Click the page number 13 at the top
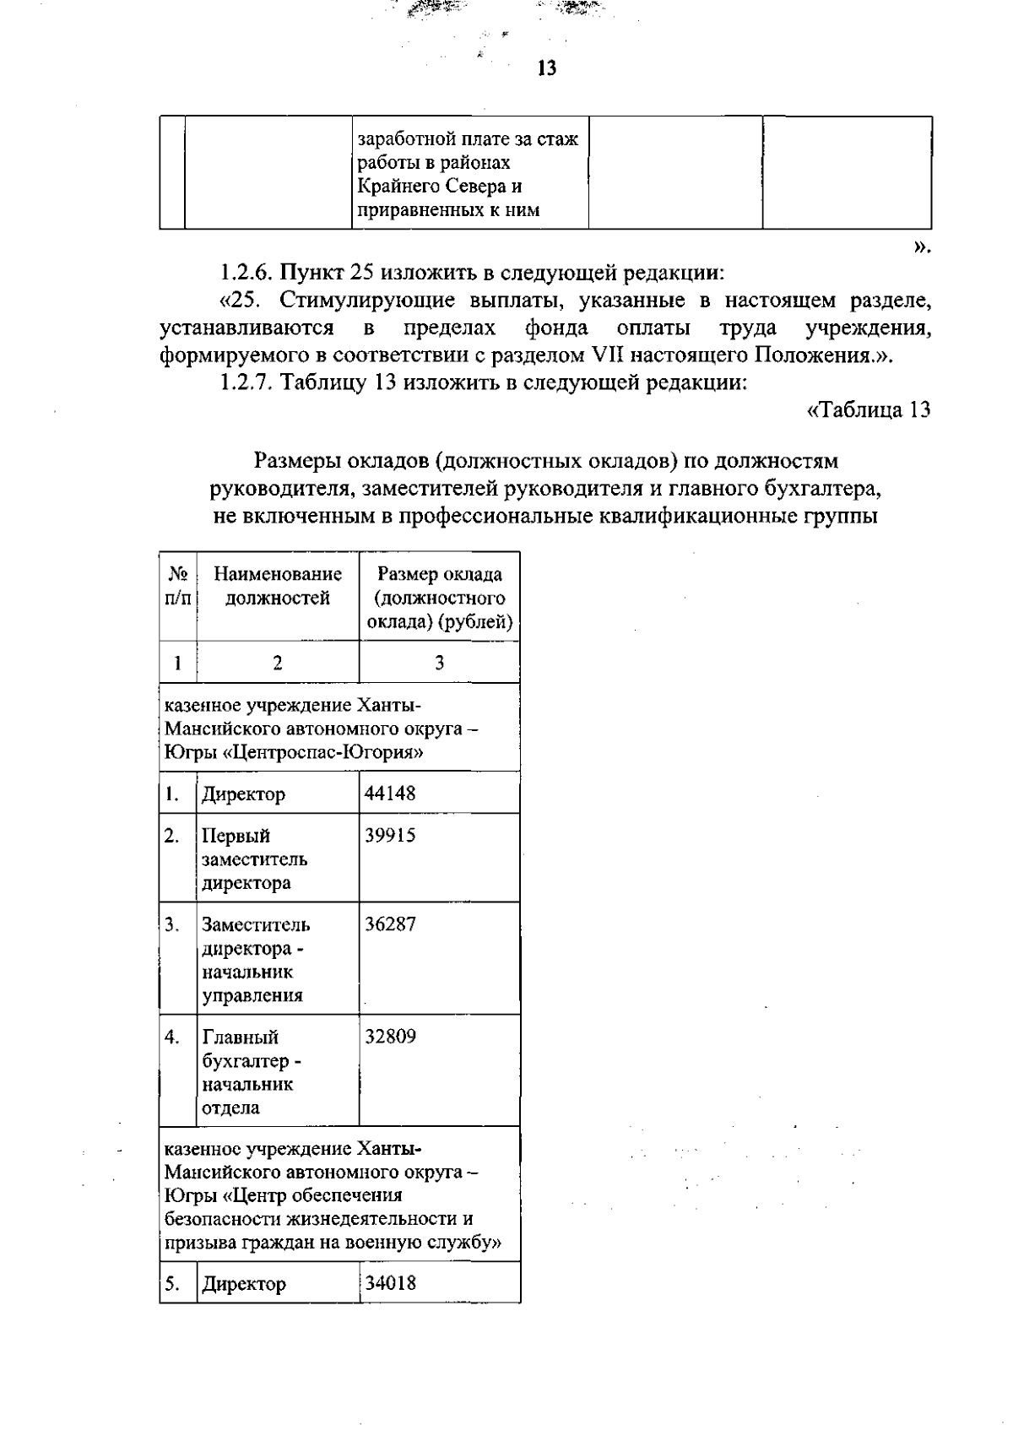(x=546, y=68)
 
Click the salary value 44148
(x=390, y=793)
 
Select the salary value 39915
(x=390, y=835)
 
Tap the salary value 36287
(x=390, y=924)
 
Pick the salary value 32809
(x=390, y=1036)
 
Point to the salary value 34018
(x=390, y=1282)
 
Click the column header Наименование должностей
(x=278, y=586)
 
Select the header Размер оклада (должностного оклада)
(x=439, y=598)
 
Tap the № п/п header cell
(x=177, y=586)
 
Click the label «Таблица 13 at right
(x=869, y=410)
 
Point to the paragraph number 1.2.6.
(x=246, y=273)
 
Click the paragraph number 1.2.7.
(x=246, y=382)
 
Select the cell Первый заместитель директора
(x=254, y=859)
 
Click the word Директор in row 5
(x=243, y=1284)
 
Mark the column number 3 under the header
(x=439, y=663)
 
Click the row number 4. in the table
(x=172, y=1037)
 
